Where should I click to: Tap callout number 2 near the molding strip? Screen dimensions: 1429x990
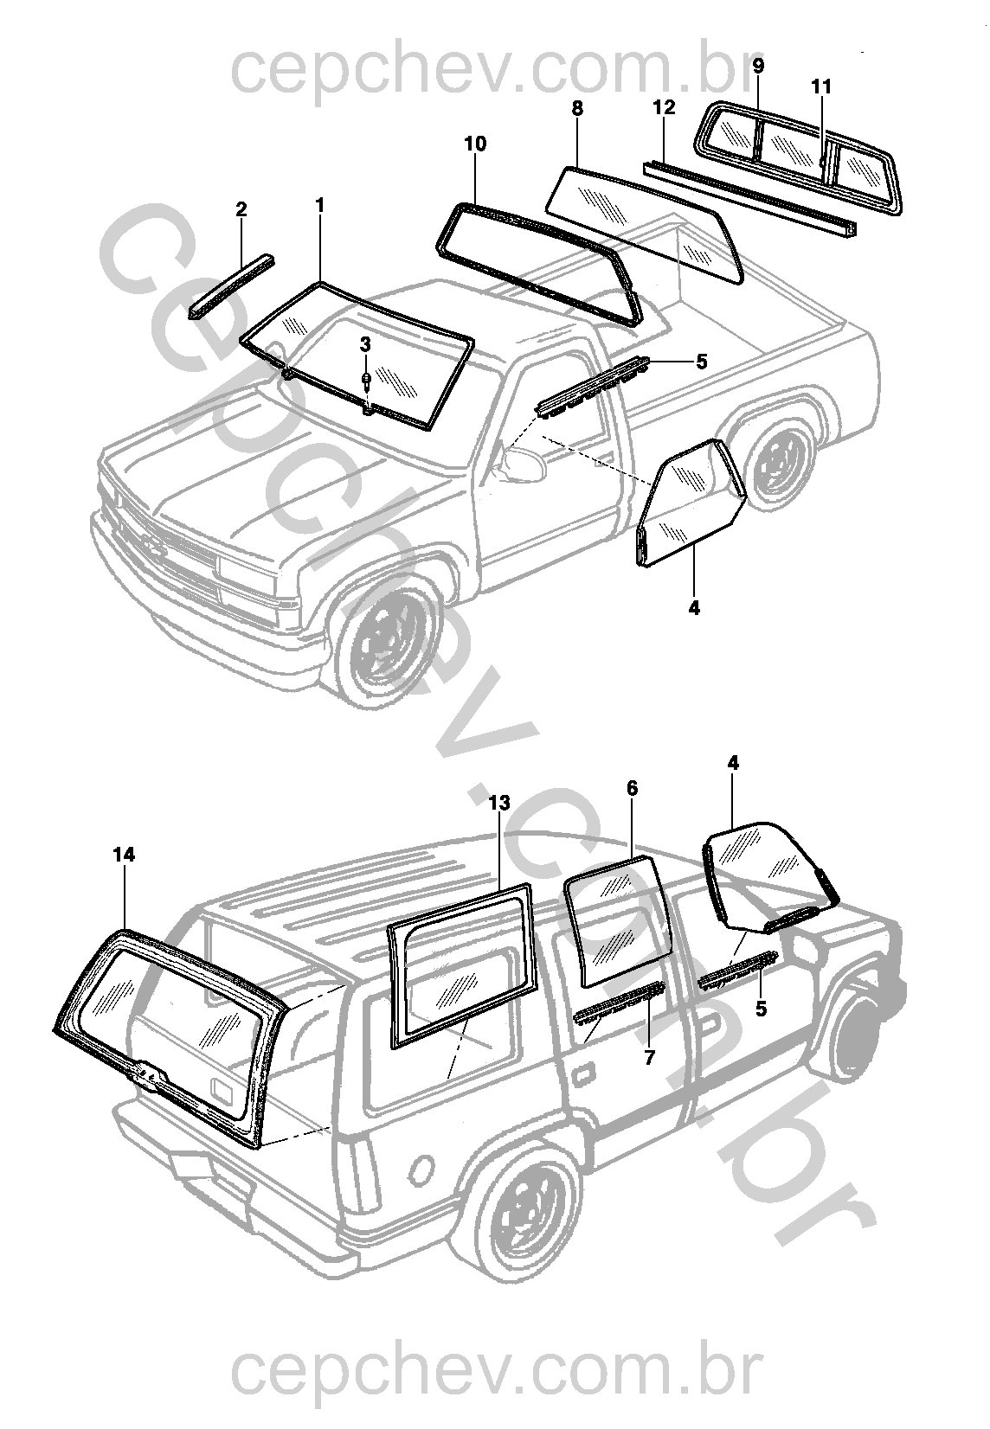(x=241, y=208)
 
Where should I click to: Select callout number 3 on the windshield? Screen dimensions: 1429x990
(x=365, y=343)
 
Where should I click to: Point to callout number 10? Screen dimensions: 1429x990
(x=476, y=144)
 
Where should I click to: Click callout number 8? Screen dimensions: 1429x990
(x=578, y=108)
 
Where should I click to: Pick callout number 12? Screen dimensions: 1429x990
(x=664, y=108)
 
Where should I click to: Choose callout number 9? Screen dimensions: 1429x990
(x=758, y=66)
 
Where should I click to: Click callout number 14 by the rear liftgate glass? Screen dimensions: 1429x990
(x=125, y=855)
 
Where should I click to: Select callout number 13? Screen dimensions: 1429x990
(x=499, y=804)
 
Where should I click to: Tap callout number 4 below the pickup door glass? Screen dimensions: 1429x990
(x=694, y=607)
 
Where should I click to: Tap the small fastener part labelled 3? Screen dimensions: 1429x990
(x=367, y=381)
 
